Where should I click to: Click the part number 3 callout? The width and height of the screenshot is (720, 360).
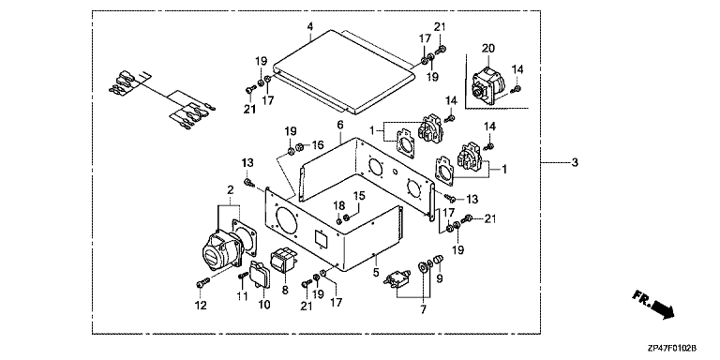tap(575, 162)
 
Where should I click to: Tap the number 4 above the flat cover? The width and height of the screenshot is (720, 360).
tap(310, 25)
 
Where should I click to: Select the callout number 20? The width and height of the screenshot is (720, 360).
tap(487, 48)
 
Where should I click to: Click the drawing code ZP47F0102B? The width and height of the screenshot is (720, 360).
tap(676, 350)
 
